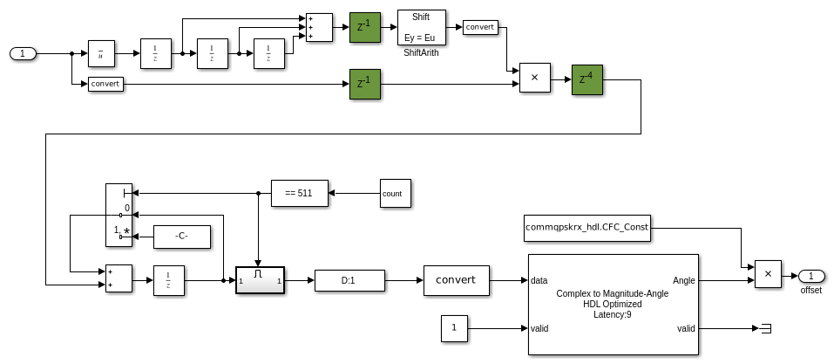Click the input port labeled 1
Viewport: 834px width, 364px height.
(24, 54)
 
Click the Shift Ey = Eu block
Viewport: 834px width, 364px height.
(421, 27)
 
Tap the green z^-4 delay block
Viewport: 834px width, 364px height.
(588, 79)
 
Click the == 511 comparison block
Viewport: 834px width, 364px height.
(299, 192)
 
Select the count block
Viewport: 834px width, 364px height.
(395, 193)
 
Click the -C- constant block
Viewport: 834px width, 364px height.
(182, 236)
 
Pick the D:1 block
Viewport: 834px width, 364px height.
(349, 280)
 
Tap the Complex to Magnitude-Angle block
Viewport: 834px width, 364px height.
(613, 304)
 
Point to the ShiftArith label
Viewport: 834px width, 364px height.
(421, 52)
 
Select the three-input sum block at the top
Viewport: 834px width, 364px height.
(316, 26)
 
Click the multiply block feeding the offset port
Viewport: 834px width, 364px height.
(767, 273)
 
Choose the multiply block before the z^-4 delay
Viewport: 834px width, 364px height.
(534, 79)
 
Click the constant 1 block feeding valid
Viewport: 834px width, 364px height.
(454, 329)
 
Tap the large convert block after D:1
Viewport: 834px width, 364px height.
(456, 280)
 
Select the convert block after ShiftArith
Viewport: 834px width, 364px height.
(479, 26)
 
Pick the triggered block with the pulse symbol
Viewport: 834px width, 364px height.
(260, 280)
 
